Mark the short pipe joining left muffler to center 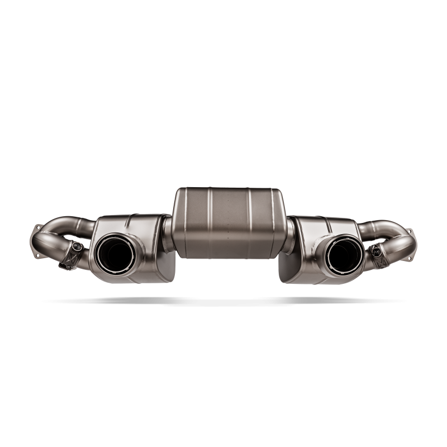[167, 229]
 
